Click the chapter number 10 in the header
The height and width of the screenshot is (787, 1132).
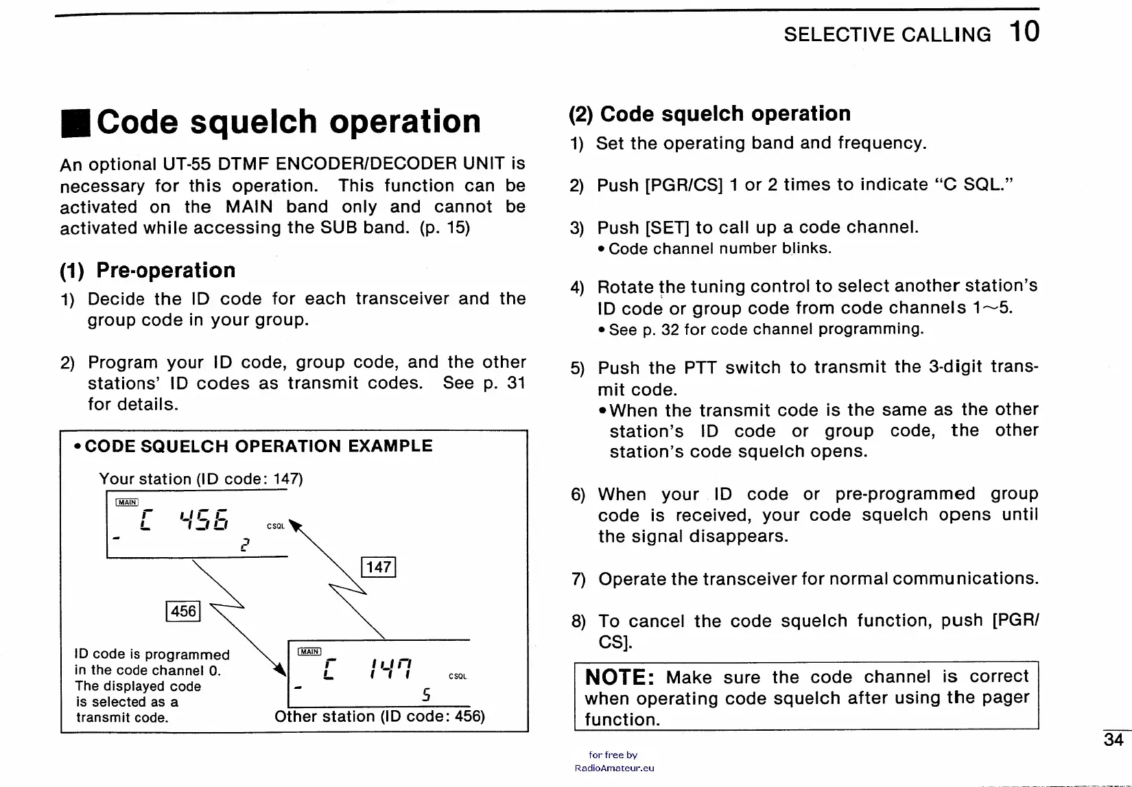(1024, 32)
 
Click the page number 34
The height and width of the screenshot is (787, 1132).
(1113, 740)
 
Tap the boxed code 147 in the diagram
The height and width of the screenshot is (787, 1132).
(378, 567)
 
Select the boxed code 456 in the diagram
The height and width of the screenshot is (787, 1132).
(183, 611)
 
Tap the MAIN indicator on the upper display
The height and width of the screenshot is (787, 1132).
(128, 502)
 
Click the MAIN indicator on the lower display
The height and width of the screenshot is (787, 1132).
(309, 651)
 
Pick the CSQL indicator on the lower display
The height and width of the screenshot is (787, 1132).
(458, 677)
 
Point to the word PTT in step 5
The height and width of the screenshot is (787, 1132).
(700, 367)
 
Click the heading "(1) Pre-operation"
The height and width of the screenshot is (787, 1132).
(148, 270)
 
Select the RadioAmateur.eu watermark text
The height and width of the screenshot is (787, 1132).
(614, 768)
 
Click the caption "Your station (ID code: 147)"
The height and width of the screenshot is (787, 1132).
(200, 479)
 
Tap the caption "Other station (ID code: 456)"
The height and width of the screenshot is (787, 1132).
(379, 716)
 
